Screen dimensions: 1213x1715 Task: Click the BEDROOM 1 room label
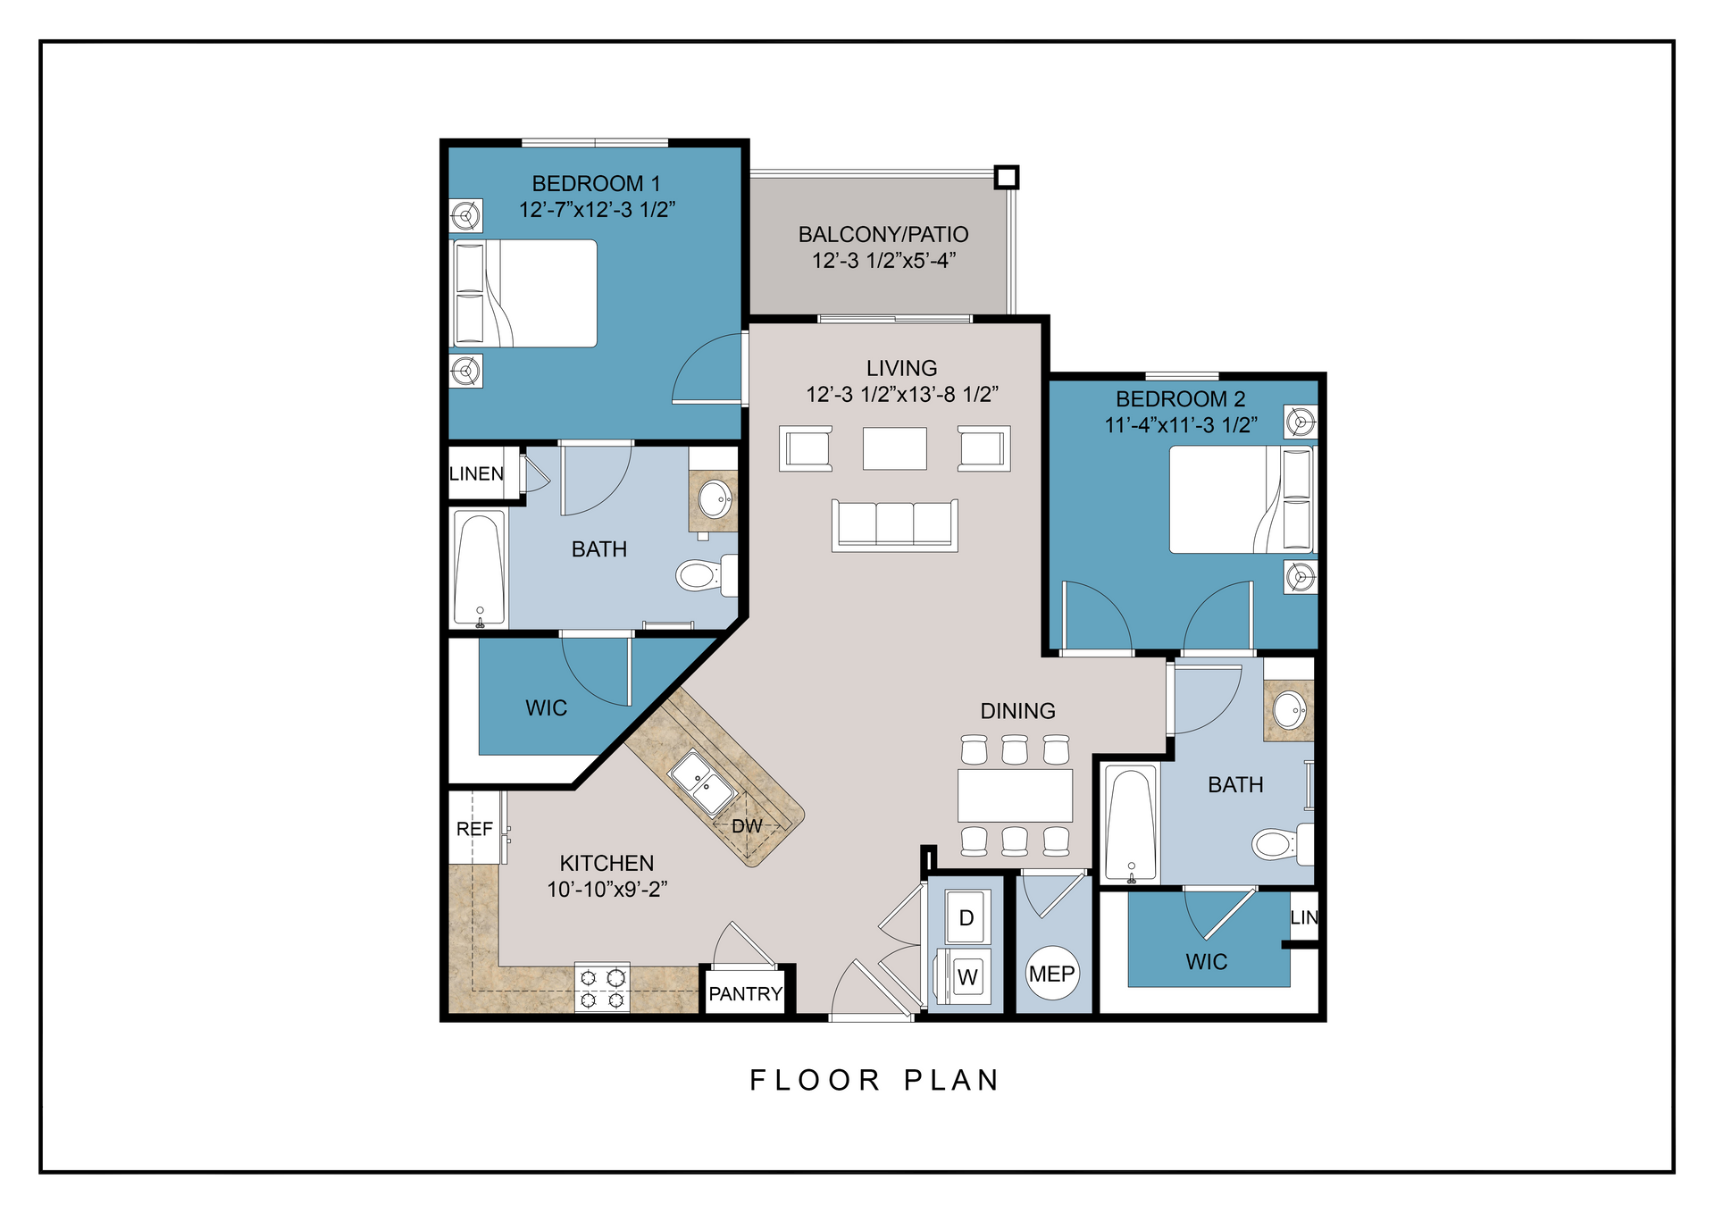[x=596, y=183]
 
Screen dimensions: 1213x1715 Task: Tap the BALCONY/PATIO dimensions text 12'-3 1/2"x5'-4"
[x=883, y=261]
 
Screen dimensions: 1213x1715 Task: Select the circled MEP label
[x=1051, y=974]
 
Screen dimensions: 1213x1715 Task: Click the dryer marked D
[x=966, y=917]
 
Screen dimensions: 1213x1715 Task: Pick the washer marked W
[x=966, y=976]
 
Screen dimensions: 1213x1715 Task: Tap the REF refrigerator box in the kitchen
[x=474, y=828]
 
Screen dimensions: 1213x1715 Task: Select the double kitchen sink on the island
[x=703, y=783]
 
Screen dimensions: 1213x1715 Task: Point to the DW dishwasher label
[x=747, y=826]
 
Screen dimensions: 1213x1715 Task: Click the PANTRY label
[x=745, y=993]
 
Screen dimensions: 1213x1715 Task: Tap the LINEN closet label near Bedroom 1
[x=476, y=473]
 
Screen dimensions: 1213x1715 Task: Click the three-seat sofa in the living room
[x=894, y=525]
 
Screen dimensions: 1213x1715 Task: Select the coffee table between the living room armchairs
[x=894, y=448]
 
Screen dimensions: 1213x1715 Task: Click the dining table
[x=1015, y=795]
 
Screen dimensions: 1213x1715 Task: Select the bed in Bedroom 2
[x=1240, y=499]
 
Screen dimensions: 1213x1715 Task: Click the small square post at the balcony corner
[x=1007, y=177]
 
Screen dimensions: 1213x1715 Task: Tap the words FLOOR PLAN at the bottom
[x=874, y=1080]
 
